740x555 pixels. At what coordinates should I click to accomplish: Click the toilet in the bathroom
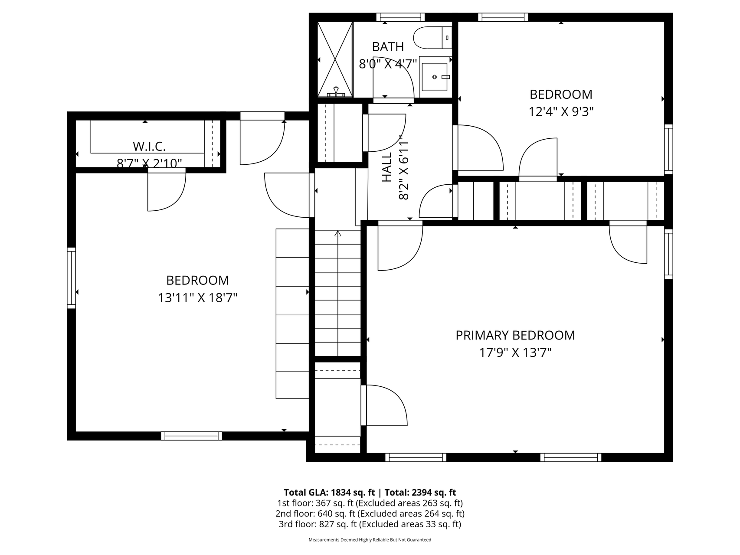coord(432,38)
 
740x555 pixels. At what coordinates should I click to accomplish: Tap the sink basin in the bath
coord(434,77)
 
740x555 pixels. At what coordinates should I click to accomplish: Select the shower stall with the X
coord(335,59)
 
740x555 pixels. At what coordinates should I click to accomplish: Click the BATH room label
coord(388,46)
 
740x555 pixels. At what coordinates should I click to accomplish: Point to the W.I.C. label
coord(149,146)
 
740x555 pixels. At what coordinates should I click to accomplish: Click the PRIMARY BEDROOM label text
coord(515,335)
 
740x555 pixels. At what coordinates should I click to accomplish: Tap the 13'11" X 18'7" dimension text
coord(197,298)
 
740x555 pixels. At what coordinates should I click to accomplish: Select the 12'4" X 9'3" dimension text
coord(560,112)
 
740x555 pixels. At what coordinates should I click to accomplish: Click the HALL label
coord(386,166)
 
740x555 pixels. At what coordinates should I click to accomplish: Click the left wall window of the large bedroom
coord(71,278)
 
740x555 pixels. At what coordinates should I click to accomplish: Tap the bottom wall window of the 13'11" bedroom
coord(191,436)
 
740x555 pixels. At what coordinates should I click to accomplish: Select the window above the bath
coord(400,17)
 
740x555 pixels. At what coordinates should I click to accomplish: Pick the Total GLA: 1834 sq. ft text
coord(329,492)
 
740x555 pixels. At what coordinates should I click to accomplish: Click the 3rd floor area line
coord(370,524)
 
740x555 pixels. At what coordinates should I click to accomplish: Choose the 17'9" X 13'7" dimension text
coord(515,353)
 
